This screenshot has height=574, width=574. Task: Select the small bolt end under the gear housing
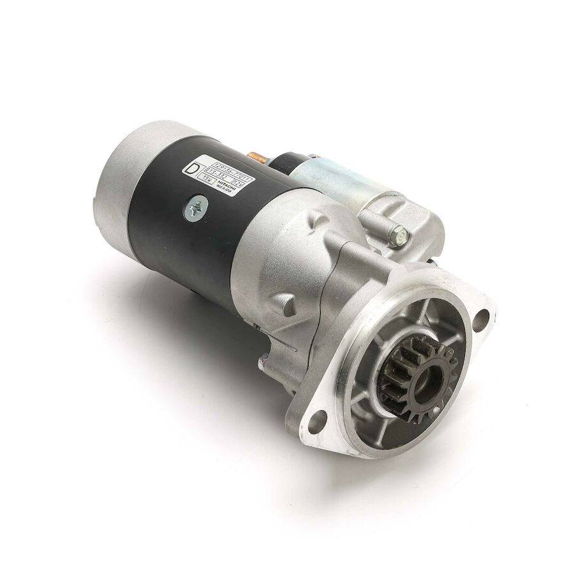point(261,364)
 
